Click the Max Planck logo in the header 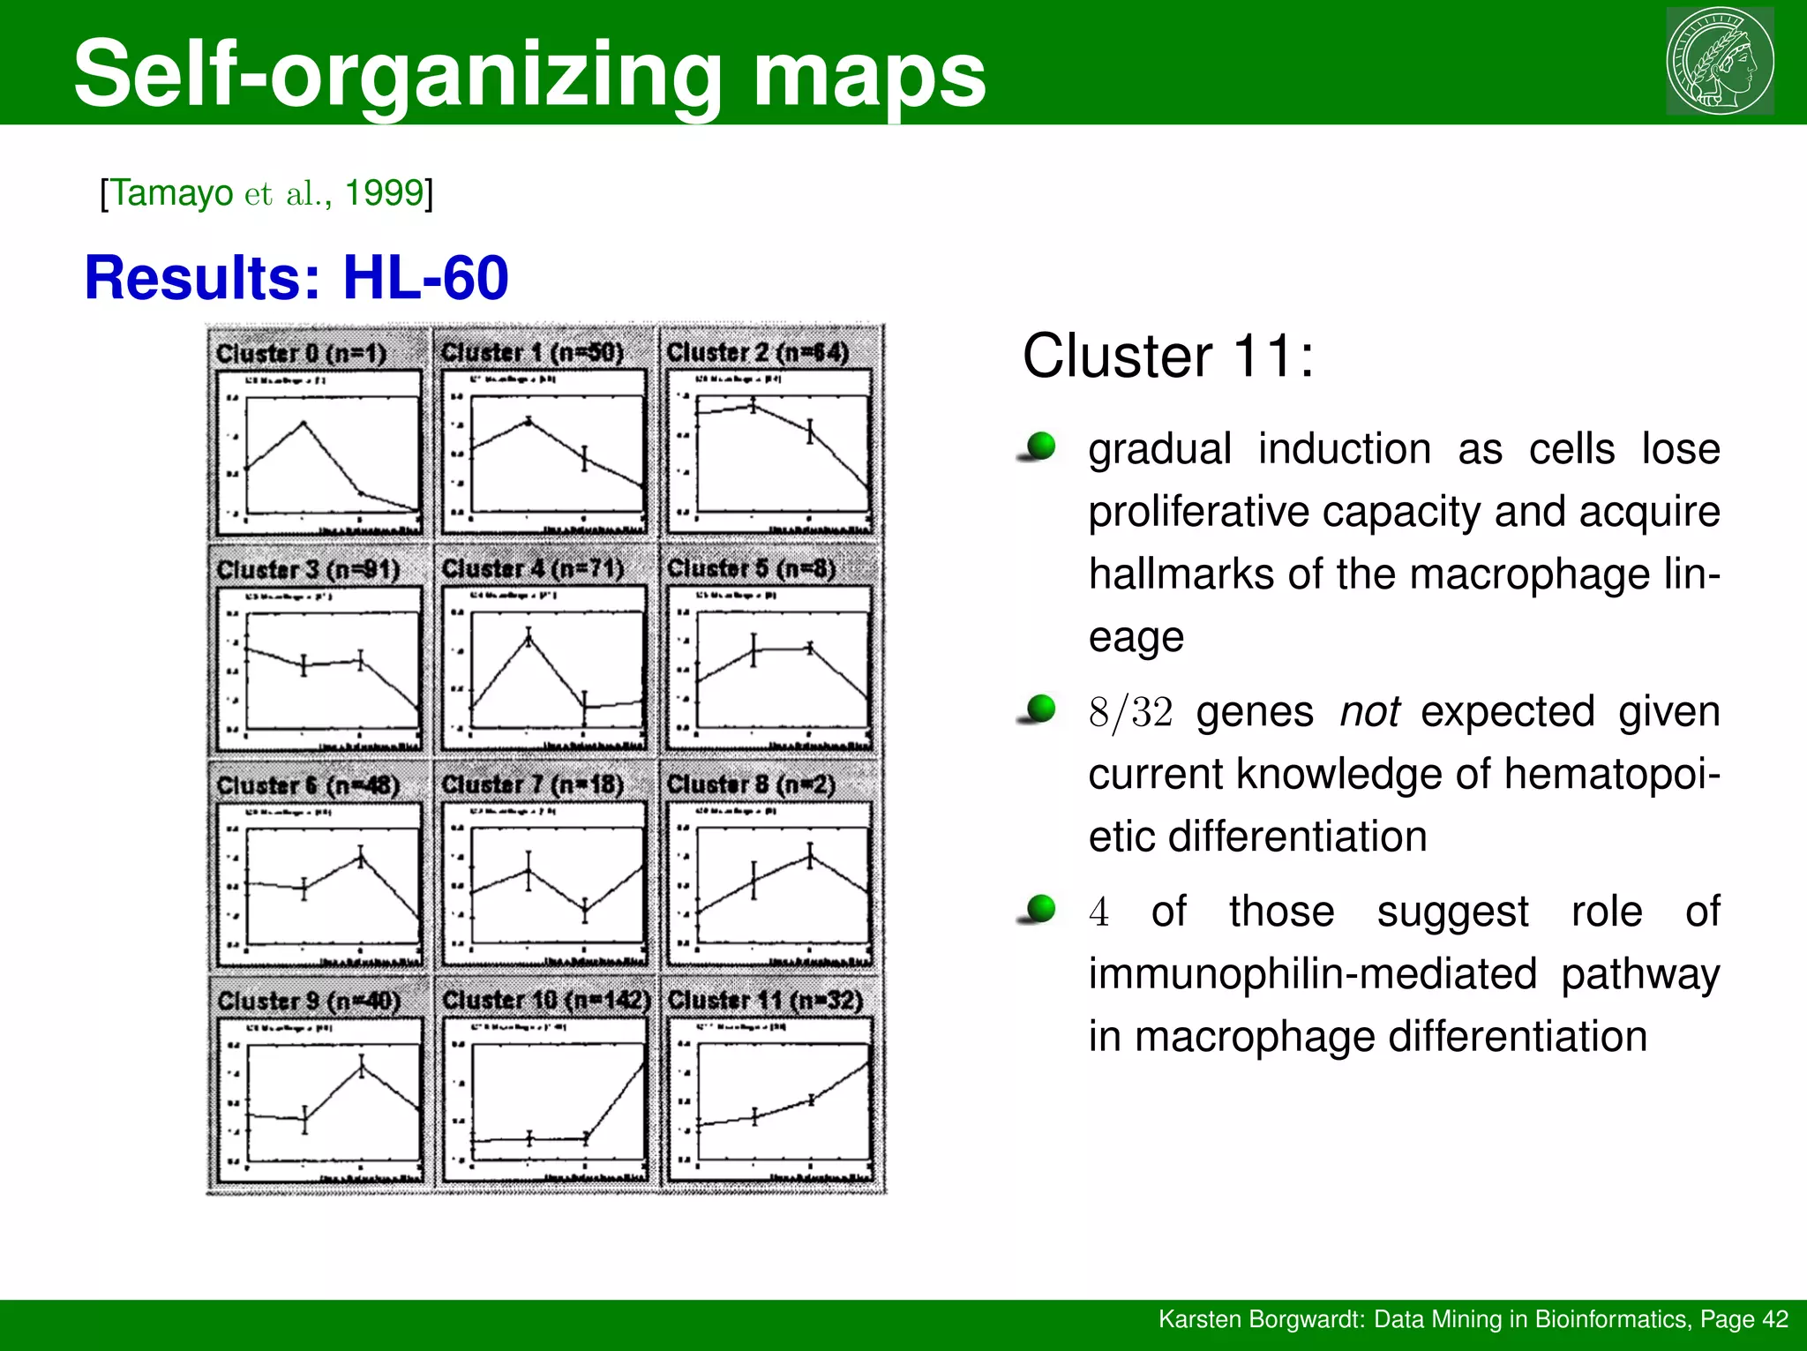[x=1720, y=61]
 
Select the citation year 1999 [x=384, y=192]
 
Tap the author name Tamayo [x=172, y=192]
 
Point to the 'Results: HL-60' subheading [x=296, y=277]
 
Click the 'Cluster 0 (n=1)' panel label [x=302, y=353]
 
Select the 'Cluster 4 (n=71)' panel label [x=533, y=568]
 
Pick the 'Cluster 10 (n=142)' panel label [x=546, y=1000]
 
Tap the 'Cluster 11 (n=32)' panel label [x=765, y=1000]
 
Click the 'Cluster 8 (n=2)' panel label [x=751, y=784]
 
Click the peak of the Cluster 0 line [x=304, y=423]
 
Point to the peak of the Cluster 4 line [x=529, y=635]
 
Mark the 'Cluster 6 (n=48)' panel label [x=308, y=784]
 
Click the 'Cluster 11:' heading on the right [x=1167, y=356]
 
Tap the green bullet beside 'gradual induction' [x=1041, y=446]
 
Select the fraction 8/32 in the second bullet [x=1130, y=711]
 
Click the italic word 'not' [x=1369, y=711]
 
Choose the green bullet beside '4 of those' [x=1041, y=908]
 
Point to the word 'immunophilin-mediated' [x=1312, y=974]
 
